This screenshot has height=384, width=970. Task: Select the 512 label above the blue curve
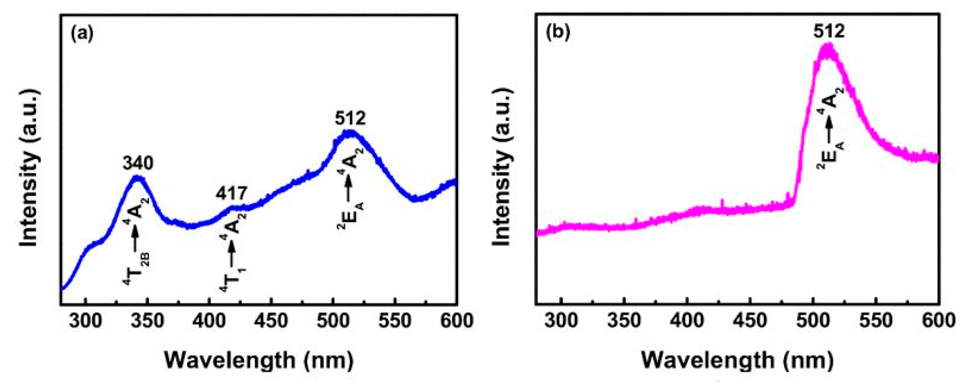point(350,119)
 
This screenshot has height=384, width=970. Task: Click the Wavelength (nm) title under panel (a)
point(259,361)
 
